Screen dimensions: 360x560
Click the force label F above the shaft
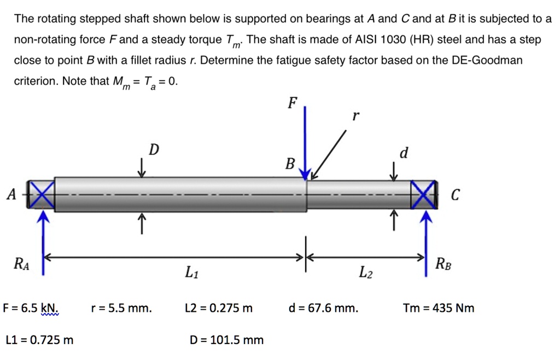point(293,102)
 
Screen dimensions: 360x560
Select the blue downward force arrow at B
point(305,142)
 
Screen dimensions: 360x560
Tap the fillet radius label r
point(356,117)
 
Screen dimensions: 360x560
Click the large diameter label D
point(155,150)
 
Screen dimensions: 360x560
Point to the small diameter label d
point(404,153)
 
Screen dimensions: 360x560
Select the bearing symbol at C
point(425,194)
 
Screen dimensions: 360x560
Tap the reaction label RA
point(21,265)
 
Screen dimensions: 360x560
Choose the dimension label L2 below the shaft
point(365,272)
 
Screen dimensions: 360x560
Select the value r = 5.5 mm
point(121,308)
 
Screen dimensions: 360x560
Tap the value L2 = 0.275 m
point(219,308)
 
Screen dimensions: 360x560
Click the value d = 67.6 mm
point(324,308)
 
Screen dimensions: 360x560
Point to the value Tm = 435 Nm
point(439,308)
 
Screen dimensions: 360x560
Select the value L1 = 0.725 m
point(39,340)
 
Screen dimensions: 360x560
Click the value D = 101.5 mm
point(226,340)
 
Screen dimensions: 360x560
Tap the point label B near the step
point(290,163)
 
